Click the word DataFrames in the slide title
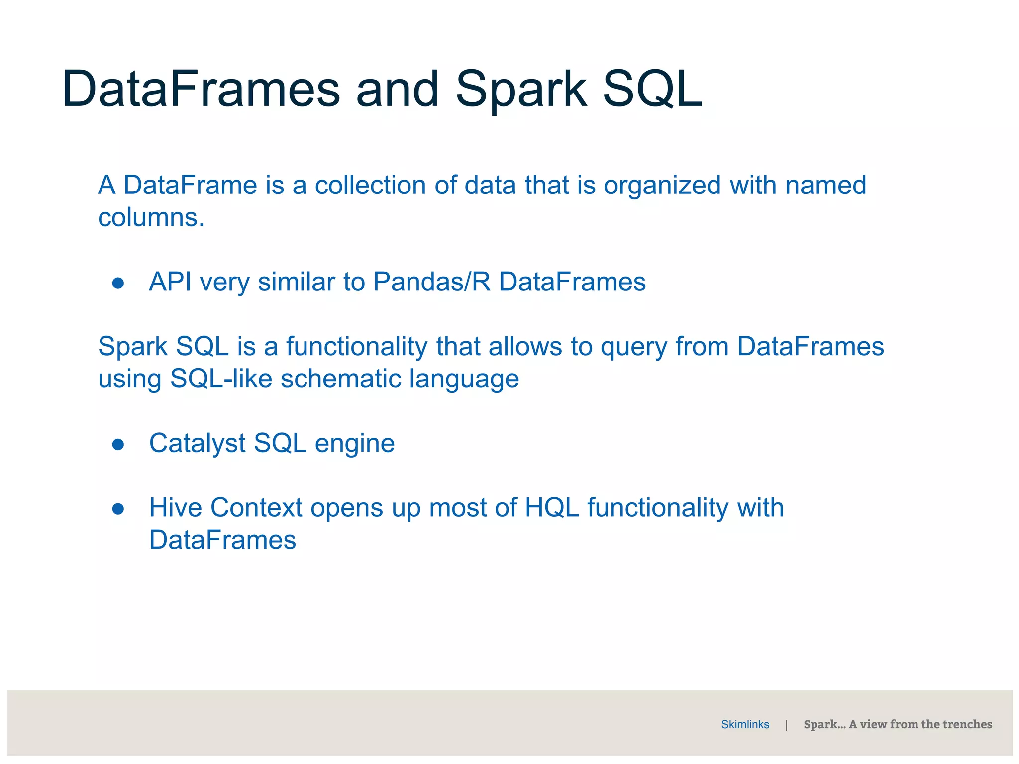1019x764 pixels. [201, 90]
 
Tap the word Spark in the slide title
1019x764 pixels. [521, 90]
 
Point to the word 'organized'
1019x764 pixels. [662, 186]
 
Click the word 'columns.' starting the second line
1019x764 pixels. [151, 218]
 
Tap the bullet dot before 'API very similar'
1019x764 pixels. [118, 283]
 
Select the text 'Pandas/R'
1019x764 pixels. [431, 282]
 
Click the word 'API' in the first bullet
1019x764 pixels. [170, 282]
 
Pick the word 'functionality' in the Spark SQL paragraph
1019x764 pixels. [356, 347]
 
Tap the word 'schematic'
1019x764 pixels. [341, 379]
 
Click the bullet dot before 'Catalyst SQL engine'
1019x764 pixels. [118, 444]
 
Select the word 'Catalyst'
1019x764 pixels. [197, 444]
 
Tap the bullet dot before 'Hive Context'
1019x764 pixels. [118, 509]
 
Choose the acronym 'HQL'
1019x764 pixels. [552, 508]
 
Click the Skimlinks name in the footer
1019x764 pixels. [745, 725]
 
